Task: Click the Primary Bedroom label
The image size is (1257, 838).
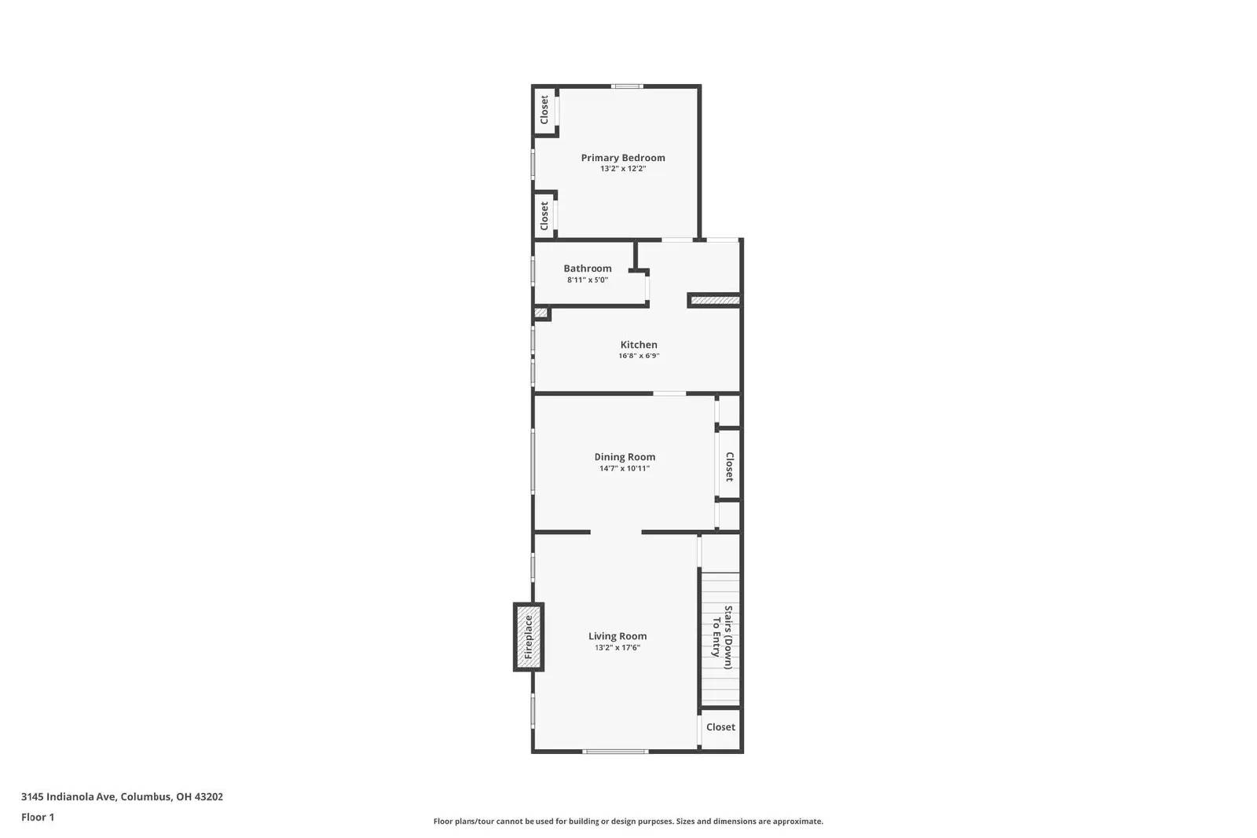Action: [623, 158]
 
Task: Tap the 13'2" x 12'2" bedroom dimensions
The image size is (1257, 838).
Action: [623, 169]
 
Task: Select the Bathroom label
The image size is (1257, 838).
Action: [588, 269]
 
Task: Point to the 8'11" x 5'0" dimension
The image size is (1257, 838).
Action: [588, 280]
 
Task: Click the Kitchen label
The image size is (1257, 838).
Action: [639, 345]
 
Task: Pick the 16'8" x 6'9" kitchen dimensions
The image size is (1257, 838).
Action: [639, 356]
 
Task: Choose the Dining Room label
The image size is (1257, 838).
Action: [625, 457]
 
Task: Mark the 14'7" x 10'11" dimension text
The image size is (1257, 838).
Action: [625, 469]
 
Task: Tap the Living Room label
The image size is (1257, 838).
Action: [618, 637]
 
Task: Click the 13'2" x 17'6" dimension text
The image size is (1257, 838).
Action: [618, 648]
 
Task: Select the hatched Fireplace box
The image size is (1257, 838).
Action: [529, 637]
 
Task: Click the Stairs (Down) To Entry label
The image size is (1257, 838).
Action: [722, 637]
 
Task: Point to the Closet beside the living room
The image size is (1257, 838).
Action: [720, 727]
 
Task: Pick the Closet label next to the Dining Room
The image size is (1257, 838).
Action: [729, 467]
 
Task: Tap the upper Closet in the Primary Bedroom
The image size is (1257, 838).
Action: [544, 110]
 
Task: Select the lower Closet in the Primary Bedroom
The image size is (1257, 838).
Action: [544, 216]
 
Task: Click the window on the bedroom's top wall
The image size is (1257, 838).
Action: [628, 86]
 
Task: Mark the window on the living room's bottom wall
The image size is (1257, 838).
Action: [616, 752]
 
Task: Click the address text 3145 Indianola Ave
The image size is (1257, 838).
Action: [122, 796]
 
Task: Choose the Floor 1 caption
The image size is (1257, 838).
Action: [38, 817]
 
